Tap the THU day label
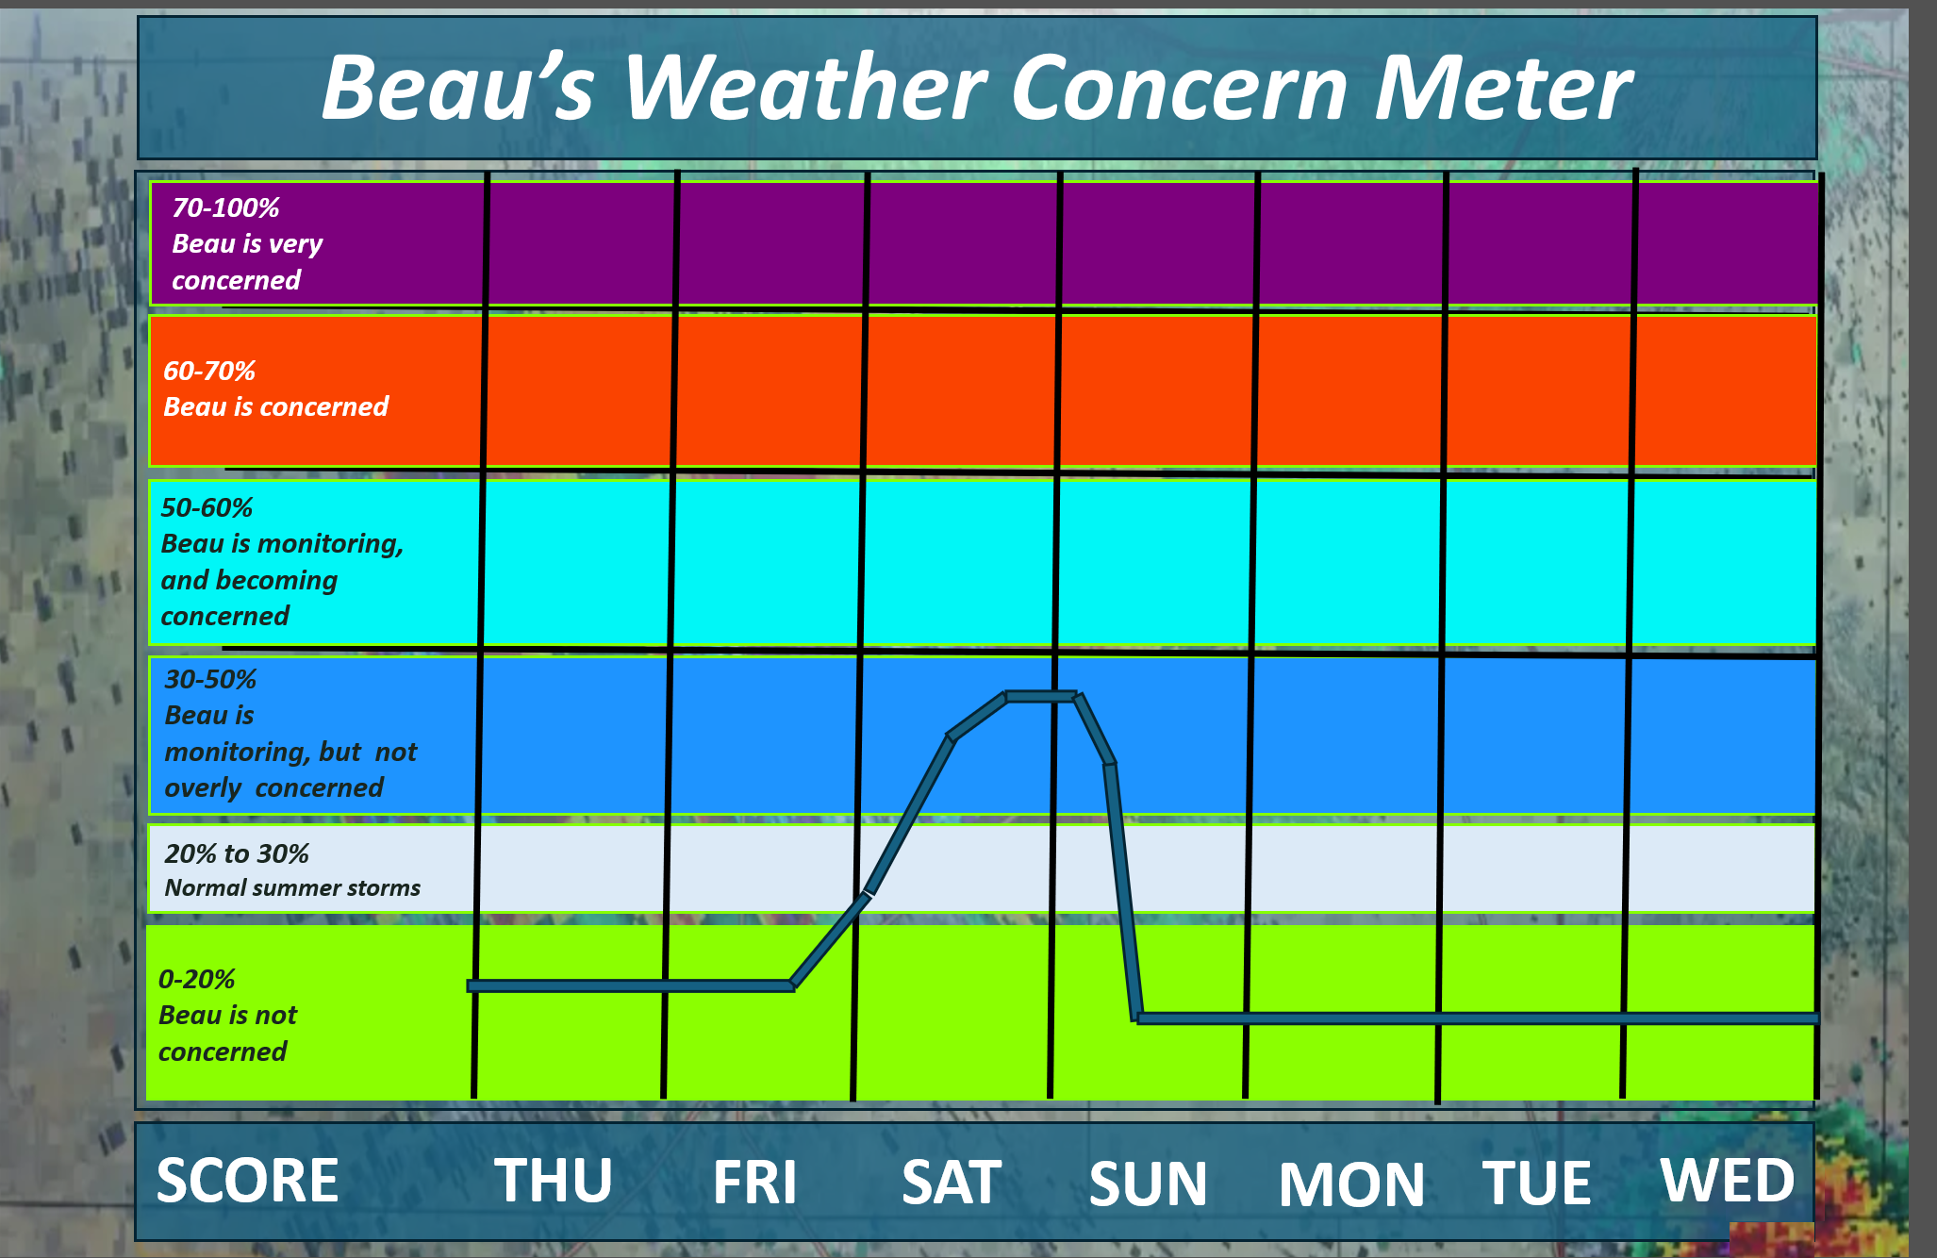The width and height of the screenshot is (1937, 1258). tap(554, 1180)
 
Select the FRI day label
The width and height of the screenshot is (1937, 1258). tap(754, 1182)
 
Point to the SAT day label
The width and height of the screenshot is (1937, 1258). tap(952, 1182)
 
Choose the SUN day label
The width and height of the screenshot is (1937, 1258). tap(1148, 1184)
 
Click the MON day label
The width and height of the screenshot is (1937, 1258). tap(1351, 1184)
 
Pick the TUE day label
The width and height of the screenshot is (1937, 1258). tap(1536, 1183)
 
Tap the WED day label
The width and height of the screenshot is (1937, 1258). tap(1728, 1180)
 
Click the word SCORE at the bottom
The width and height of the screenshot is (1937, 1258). tap(247, 1180)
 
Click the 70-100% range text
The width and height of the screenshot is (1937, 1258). tap(225, 207)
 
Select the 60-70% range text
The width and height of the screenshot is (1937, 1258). tap(209, 371)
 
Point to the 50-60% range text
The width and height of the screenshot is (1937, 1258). tap(207, 507)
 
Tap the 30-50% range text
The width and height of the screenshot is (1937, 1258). tap(210, 679)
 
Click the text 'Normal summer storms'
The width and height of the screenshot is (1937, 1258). tap(292, 887)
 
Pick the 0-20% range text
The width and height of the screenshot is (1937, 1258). tap(196, 979)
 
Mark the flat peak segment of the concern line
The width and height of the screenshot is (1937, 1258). tap(1041, 696)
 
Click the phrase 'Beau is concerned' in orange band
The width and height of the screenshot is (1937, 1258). tap(275, 406)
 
